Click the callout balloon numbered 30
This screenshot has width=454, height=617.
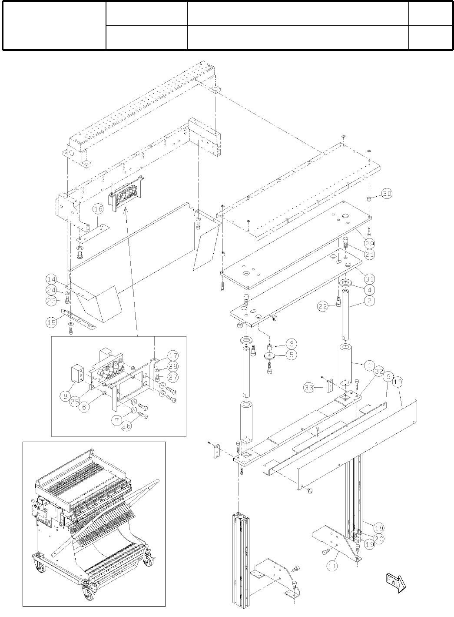[387, 194]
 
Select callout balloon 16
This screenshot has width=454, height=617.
[98, 209]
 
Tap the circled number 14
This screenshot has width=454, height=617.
[52, 279]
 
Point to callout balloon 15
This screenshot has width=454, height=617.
[52, 322]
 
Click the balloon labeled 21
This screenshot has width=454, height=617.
[370, 254]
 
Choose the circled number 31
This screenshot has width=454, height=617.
[370, 279]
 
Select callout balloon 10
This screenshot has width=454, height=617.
[398, 382]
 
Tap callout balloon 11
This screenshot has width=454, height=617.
[332, 566]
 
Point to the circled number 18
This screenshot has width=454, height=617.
[379, 528]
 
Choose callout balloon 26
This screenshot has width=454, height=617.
[126, 426]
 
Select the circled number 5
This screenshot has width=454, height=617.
[292, 355]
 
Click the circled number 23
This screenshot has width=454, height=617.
[52, 300]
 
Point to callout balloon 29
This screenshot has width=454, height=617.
[370, 243]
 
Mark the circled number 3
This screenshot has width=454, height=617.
[292, 344]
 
